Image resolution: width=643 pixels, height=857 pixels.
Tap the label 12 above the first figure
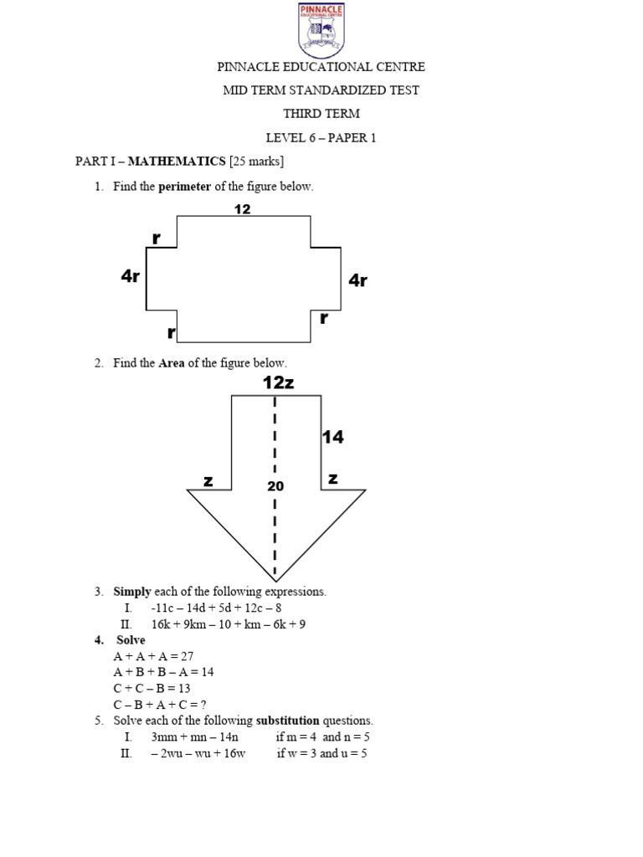pyautogui.click(x=243, y=209)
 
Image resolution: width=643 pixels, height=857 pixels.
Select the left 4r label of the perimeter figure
pyautogui.click(x=130, y=276)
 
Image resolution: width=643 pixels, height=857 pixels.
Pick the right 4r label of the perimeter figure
pyautogui.click(x=358, y=280)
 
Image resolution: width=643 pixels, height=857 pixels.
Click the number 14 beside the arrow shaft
pyautogui.click(x=333, y=436)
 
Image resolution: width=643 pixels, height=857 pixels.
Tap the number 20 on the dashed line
pyautogui.click(x=275, y=485)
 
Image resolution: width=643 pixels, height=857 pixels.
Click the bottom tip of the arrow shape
pyautogui.click(x=275, y=580)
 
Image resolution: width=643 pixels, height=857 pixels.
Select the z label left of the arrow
pyautogui.click(x=208, y=480)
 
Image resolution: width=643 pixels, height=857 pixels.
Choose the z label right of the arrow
pyautogui.click(x=332, y=479)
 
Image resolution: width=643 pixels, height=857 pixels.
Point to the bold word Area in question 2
pyautogui.click(x=172, y=363)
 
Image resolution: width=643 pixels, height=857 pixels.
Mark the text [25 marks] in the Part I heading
pyautogui.click(x=255, y=161)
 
